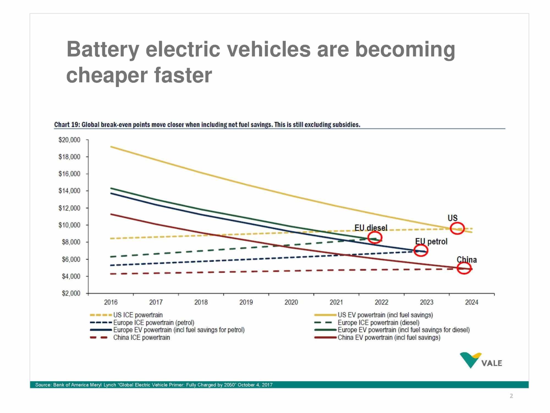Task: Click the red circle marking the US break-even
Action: pos(457,228)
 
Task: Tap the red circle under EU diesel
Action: pos(375,237)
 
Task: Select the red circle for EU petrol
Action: pos(421,251)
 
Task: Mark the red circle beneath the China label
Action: pos(464,268)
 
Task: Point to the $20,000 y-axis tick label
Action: pos(69,140)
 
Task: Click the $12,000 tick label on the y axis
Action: pos(69,208)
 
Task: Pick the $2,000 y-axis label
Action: pos(71,294)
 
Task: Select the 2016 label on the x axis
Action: pos(111,302)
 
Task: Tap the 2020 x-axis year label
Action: pos(291,302)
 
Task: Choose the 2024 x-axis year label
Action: pos(472,302)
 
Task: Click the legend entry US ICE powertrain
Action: pos(138,315)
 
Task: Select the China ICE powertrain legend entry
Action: pos(141,338)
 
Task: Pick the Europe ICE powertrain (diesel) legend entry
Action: pos(378,322)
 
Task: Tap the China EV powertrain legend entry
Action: pos(389,338)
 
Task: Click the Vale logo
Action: pos(481,361)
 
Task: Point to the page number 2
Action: pos(511,396)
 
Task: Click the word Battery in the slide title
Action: pos(103,50)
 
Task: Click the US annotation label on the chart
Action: pos(452,218)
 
